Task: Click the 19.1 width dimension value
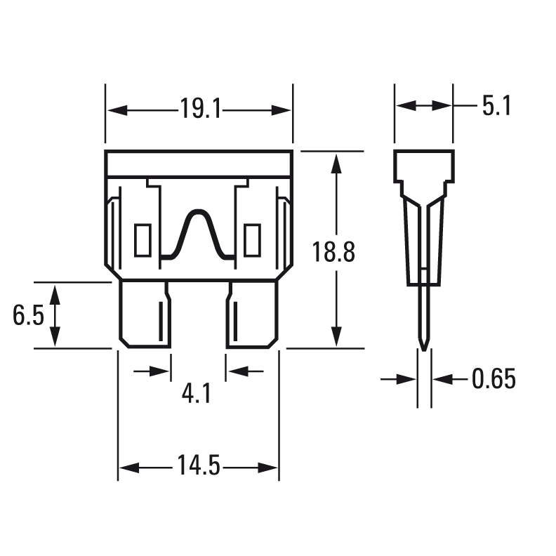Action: pyautogui.click(x=199, y=110)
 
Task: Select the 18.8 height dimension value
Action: pyautogui.click(x=333, y=252)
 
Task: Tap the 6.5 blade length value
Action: pyautogui.click(x=28, y=316)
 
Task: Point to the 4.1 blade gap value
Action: pyautogui.click(x=197, y=393)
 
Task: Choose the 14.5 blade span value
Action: pyautogui.click(x=199, y=466)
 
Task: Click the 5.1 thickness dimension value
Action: pyautogui.click(x=496, y=106)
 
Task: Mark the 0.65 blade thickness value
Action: pyautogui.click(x=494, y=379)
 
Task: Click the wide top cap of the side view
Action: pyautogui.click(x=424, y=164)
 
